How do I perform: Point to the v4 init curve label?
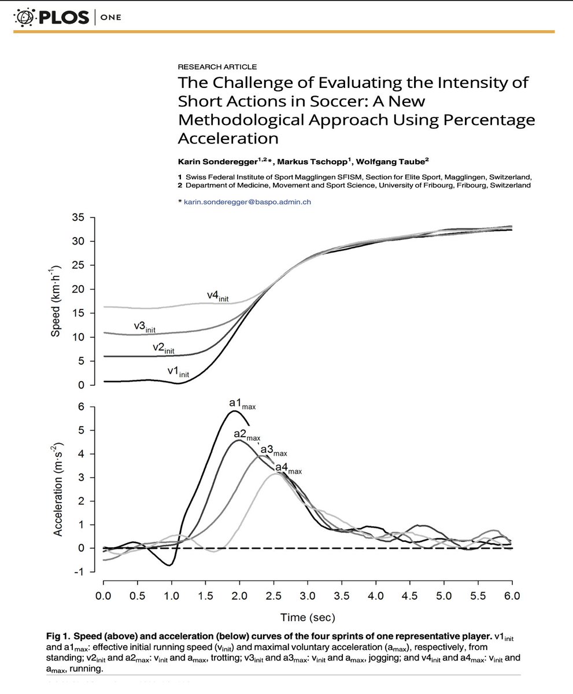(x=218, y=296)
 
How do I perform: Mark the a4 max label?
(x=288, y=468)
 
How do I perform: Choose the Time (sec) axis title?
(x=308, y=617)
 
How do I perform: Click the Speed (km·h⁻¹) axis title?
(x=56, y=301)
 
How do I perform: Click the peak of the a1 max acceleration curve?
(x=234, y=411)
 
